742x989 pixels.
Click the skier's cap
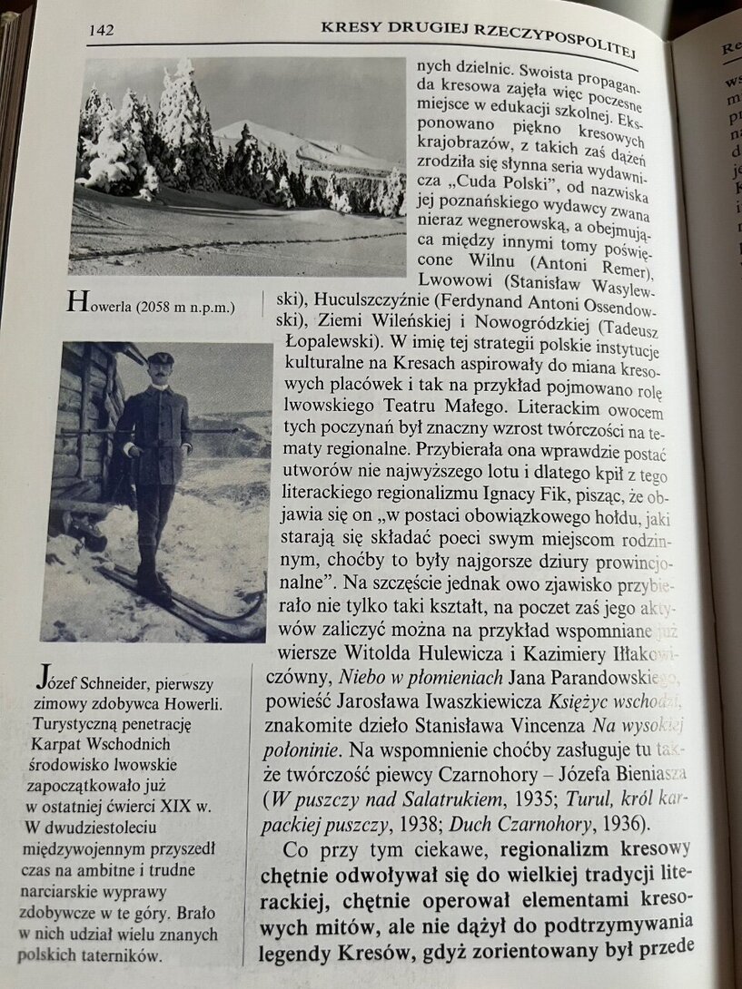point(160,358)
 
